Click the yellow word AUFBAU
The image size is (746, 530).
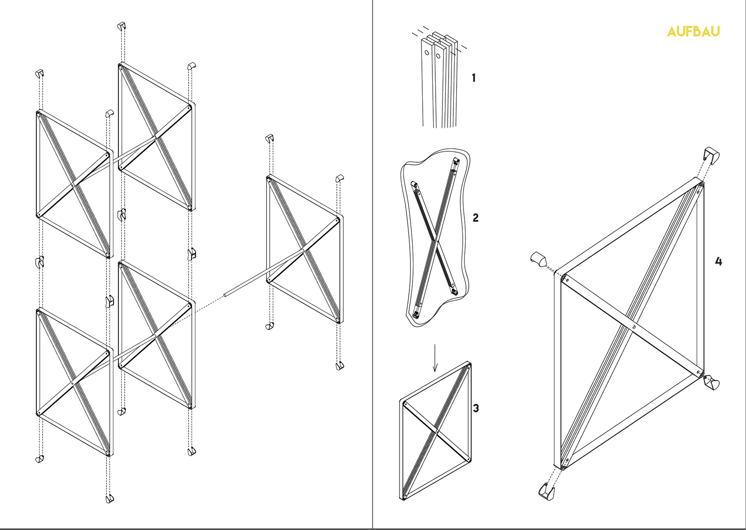coord(693,31)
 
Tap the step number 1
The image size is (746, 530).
coord(474,78)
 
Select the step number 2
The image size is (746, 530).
coord(476,218)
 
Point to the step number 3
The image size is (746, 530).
coord(476,408)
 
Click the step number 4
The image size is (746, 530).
coord(718,261)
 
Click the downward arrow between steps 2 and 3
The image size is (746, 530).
coord(435,358)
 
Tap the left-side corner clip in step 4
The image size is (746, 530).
coord(539,259)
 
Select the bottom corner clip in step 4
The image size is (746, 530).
coord(547,492)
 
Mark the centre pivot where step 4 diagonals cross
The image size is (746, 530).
coord(634,327)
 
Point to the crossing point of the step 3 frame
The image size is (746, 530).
coord(437,431)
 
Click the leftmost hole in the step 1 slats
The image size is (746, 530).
coord(427,52)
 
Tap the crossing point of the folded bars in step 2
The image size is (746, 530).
coord(438,241)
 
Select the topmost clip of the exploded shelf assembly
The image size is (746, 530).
coord(122,26)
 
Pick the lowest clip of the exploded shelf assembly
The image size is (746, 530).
coord(110,499)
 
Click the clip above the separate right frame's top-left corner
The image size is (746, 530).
coord(270,138)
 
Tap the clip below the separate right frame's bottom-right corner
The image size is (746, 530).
coord(340,366)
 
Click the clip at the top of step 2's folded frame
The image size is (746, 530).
coord(456,161)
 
